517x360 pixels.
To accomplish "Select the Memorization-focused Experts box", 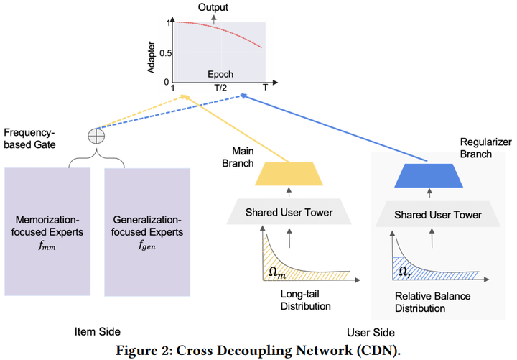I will [x=48, y=231].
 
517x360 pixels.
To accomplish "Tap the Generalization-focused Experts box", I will [x=147, y=231].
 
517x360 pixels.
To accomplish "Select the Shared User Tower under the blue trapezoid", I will [x=428, y=213].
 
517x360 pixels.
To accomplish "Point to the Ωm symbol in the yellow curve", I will [x=276, y=274].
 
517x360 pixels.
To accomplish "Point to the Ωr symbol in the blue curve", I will [x=406, y=274].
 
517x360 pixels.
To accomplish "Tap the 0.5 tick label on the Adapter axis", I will [x=167, y=52].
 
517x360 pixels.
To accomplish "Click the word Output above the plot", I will [x=213, y=6].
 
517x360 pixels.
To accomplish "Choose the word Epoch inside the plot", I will [x=220, y=74].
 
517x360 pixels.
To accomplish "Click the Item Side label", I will [x=98, y=331].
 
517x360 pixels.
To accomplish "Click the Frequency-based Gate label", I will [x=29, y=139].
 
